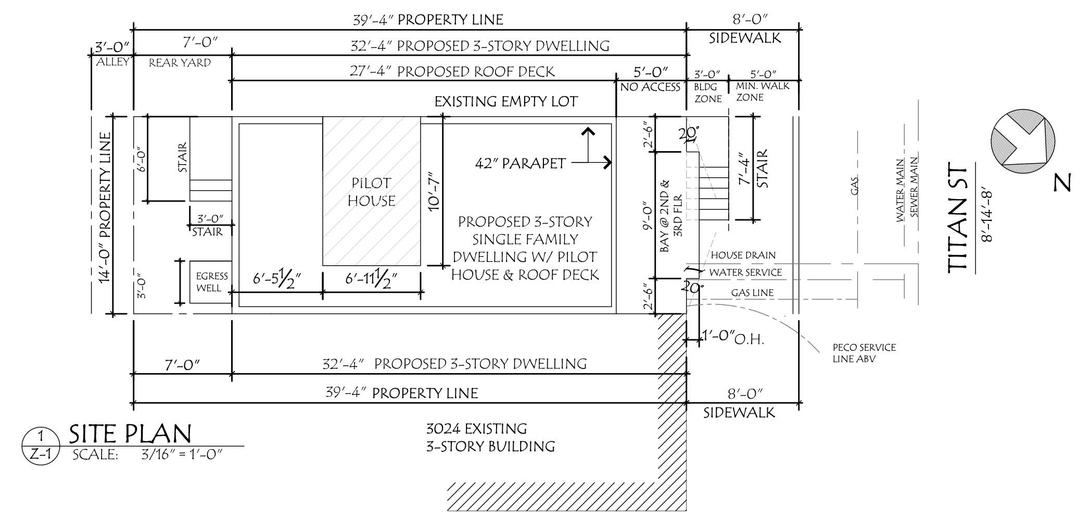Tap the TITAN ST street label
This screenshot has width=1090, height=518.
[957, 219]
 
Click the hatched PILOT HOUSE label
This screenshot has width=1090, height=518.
[372, 192]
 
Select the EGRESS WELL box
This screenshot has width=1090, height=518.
[211, 282]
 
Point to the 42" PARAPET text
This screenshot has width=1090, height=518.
[520, 164]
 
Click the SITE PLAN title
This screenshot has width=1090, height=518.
[130, 434]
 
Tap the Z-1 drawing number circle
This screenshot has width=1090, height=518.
[41, 447]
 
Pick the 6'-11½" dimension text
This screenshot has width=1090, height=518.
[371, 279]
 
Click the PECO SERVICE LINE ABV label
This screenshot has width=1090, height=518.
[864, 353]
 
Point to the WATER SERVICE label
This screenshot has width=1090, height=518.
[745, 273]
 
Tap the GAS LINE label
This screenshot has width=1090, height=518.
[752, 293]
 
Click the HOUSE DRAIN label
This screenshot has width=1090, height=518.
[743, 255]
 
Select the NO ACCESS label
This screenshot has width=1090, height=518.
[650, 88]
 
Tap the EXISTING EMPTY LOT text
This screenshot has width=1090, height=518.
[506, 102]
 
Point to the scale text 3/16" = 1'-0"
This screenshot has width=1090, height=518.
[182, 454]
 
